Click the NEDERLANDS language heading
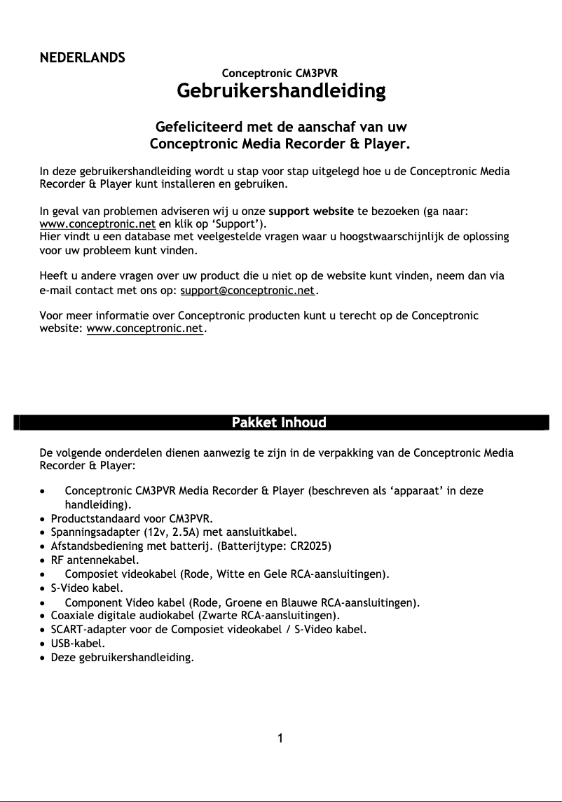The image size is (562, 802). pos(82,57)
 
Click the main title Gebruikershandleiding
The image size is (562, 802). pos(280,91)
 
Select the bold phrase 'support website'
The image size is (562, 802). pos(311,211)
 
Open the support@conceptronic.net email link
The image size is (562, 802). pos(248,290)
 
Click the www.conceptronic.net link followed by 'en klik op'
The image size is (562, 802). pos(97,224)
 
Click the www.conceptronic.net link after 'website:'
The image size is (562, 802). pos(144,328)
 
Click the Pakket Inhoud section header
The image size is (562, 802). pos(279,422)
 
